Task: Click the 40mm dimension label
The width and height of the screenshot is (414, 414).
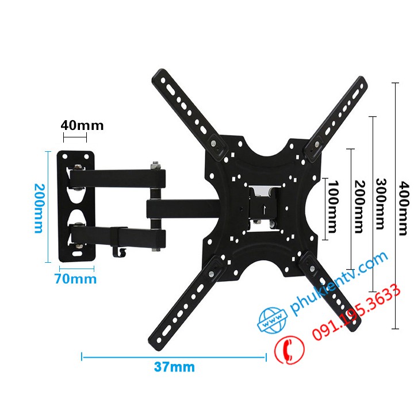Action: click(x=82, y=125)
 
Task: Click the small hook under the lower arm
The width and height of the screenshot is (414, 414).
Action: click(x=120, y=251)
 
